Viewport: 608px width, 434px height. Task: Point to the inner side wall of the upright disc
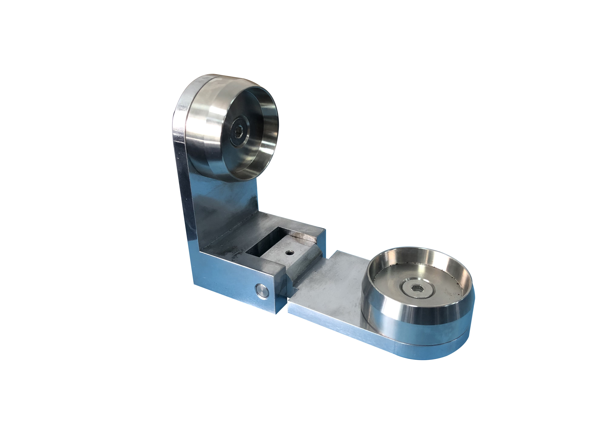pos(267,126)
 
